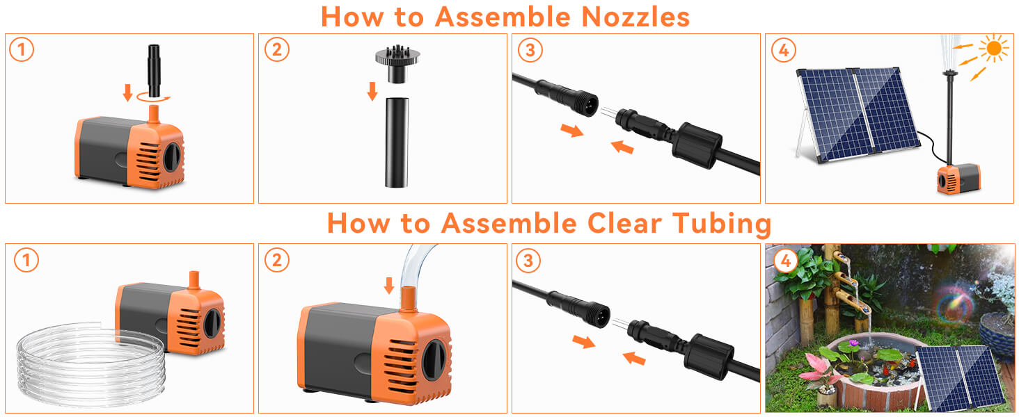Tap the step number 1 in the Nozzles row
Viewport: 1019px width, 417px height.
(x=22, y=50)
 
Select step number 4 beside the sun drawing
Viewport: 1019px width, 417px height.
(x=784, y=50)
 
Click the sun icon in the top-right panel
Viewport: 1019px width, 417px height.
(x=993, y=48)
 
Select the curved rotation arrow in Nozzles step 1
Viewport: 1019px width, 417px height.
(x=153, y=99)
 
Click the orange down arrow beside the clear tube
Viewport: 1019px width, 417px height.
(x=389, y=285)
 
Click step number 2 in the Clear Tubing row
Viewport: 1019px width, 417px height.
(x=276, y=260)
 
